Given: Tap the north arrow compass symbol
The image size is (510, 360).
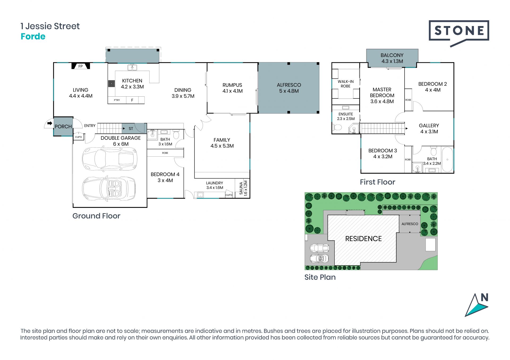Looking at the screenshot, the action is coord(477,305).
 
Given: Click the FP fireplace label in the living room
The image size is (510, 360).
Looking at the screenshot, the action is coord(80,66).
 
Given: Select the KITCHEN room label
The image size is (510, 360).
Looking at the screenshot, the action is coord(132,81).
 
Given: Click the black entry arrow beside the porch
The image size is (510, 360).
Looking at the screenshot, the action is coord(50,123).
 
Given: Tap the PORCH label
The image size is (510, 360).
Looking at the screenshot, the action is coord(63,127).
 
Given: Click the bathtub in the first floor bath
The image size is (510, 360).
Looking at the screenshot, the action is coord(447,160).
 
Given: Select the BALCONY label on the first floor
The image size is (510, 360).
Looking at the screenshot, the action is coord(392,55).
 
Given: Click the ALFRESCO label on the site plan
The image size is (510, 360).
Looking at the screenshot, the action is coord(410,224).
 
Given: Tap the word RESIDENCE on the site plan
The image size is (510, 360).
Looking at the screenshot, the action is coord(363,239).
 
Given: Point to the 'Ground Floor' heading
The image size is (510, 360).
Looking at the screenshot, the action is coord(96,216).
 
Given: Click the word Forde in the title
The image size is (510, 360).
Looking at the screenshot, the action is coord(33,36).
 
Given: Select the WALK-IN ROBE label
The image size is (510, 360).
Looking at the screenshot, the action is coord(346,84).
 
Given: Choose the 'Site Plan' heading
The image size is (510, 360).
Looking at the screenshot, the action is coord(320,277).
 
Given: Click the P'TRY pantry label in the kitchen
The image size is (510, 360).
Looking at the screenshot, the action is coord(117,100).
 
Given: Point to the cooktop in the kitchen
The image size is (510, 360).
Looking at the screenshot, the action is coord(111,84).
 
